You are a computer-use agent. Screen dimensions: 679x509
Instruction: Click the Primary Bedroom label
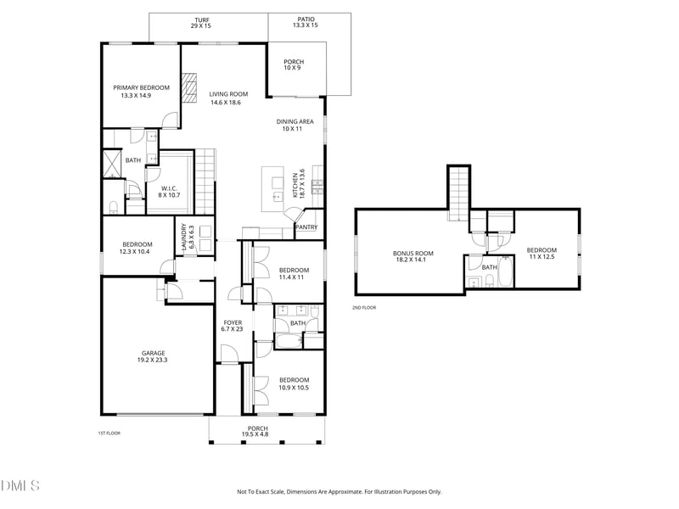[141, 87]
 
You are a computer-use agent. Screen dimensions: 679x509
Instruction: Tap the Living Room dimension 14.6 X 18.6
[226, 103]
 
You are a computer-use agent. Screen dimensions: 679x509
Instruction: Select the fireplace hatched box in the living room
[188, 88]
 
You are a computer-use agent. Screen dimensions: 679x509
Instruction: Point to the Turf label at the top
[202, 20]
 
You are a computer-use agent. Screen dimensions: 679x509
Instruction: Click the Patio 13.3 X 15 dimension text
[306, 25]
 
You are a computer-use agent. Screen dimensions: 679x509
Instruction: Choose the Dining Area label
[295, 121]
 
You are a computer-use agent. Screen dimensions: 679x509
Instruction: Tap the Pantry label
[306, 227]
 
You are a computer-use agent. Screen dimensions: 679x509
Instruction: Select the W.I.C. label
[169, 188]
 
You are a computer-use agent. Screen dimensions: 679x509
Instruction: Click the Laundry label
[183, 237]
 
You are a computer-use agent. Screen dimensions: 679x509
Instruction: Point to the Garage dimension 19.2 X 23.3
[153, 360]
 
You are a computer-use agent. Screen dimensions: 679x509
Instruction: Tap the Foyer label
[233, 322]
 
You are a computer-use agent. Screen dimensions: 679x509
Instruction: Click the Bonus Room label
[413, 253]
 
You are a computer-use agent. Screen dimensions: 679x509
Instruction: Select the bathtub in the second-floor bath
[505, 271]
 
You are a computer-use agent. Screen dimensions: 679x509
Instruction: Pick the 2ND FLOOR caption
[364, 308]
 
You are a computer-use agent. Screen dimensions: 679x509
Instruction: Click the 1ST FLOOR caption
[109, 433]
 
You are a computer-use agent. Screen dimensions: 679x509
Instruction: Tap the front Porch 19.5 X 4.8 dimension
[258, 434]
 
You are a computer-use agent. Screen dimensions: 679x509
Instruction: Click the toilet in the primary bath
[114, 207]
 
